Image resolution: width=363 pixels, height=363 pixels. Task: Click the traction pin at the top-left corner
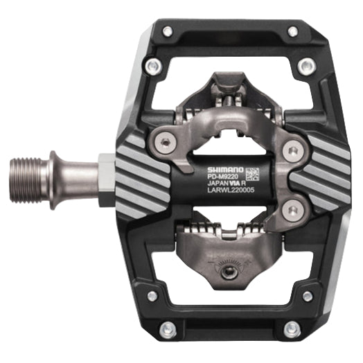[x=167, y=32]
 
